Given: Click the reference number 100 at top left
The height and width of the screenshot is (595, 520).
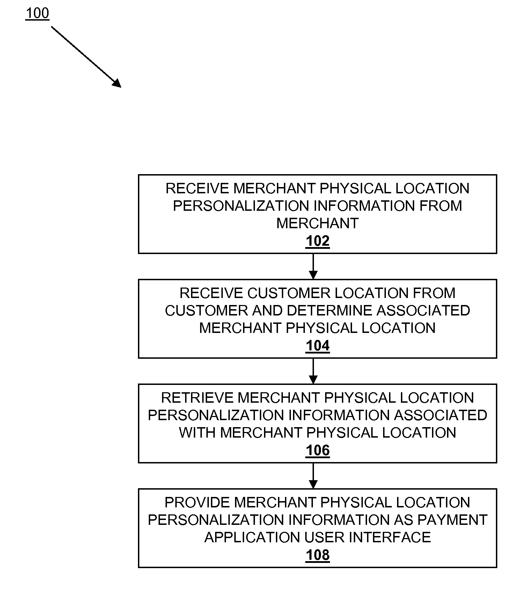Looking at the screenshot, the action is [37, 13].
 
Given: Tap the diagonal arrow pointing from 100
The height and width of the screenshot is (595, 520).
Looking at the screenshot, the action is [86, 57].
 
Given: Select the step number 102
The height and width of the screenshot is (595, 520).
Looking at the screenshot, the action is [317, 241].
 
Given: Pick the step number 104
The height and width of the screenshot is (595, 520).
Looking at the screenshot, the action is [317, 345].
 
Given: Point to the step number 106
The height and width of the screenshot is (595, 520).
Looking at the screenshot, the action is [317, 450].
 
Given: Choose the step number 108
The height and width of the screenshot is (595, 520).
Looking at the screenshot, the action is [317, 555].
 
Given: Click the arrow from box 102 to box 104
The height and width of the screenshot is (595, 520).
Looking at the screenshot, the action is [313, 266].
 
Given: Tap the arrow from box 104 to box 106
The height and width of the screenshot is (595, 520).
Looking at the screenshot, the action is [313, 371].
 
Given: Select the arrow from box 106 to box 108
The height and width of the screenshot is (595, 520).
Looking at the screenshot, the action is [313, 476].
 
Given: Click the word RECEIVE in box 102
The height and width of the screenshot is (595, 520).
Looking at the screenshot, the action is [197, 188].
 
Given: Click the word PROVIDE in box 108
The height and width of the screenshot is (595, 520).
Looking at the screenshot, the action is [197, 503].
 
